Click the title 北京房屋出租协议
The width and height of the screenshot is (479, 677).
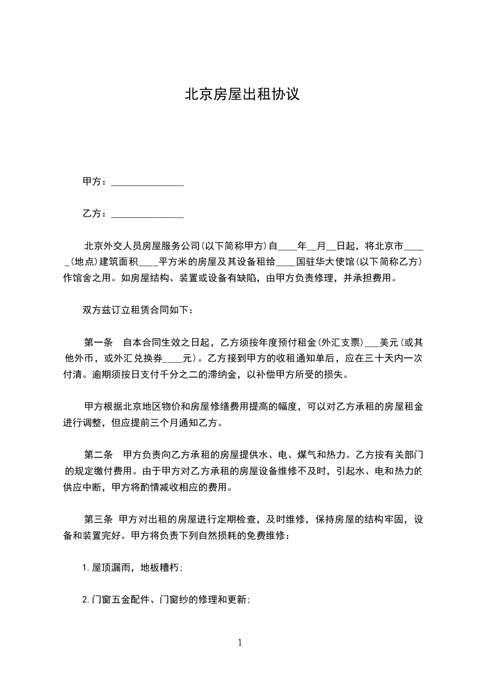242,95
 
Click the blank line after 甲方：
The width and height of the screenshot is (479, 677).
147,182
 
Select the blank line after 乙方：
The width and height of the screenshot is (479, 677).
147,214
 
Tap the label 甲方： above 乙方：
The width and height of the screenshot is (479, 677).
95,181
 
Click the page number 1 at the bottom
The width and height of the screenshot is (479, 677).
240,643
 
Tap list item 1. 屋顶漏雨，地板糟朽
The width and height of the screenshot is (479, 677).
132,567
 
